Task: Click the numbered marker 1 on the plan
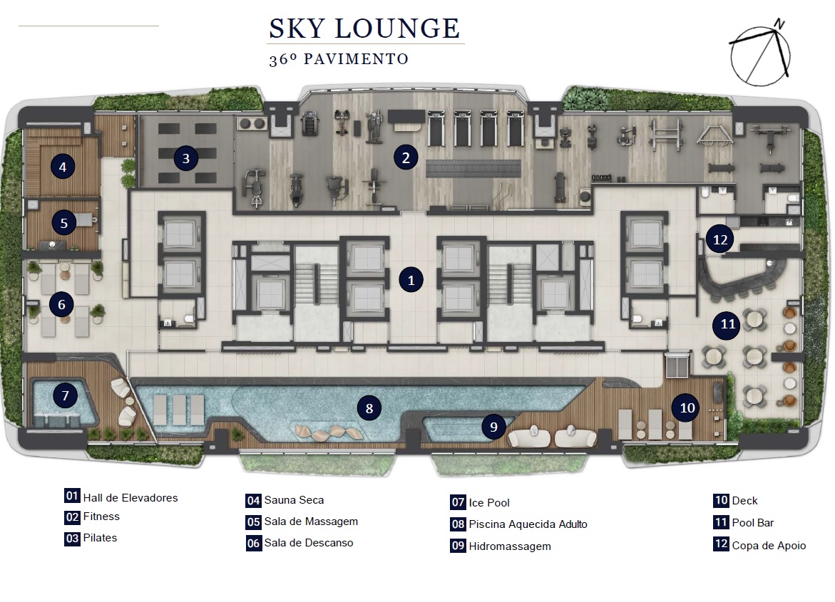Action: (x=411, y=280)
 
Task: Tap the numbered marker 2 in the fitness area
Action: (x=406, y=157)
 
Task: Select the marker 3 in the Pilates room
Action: (x=186, y=158)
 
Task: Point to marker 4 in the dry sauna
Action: (x=63, y=167)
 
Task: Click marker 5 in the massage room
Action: (x=63, y=223)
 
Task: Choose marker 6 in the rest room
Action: (x=61, y=305)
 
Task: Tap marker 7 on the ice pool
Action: (x=65, y=395)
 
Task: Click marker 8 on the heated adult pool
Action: (x=369, y=408)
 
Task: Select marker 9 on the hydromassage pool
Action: (x=493, y=427)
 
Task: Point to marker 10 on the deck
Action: (x=687, y=408)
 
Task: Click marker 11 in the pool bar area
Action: (x=728, y=324)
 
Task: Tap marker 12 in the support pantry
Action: (x=720, y=239)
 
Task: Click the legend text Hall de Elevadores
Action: (x=130, y=497)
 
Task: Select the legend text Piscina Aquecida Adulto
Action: (x=528, y=524)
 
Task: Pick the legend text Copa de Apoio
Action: (x=769, y=545)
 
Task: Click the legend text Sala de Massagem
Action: (x=311, y=521)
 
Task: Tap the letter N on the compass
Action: (x=780, y=24)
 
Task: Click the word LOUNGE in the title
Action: (x=397, y=28)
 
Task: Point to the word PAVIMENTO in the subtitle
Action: (x=356, y=59)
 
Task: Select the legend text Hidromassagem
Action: (x=510, y=546)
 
